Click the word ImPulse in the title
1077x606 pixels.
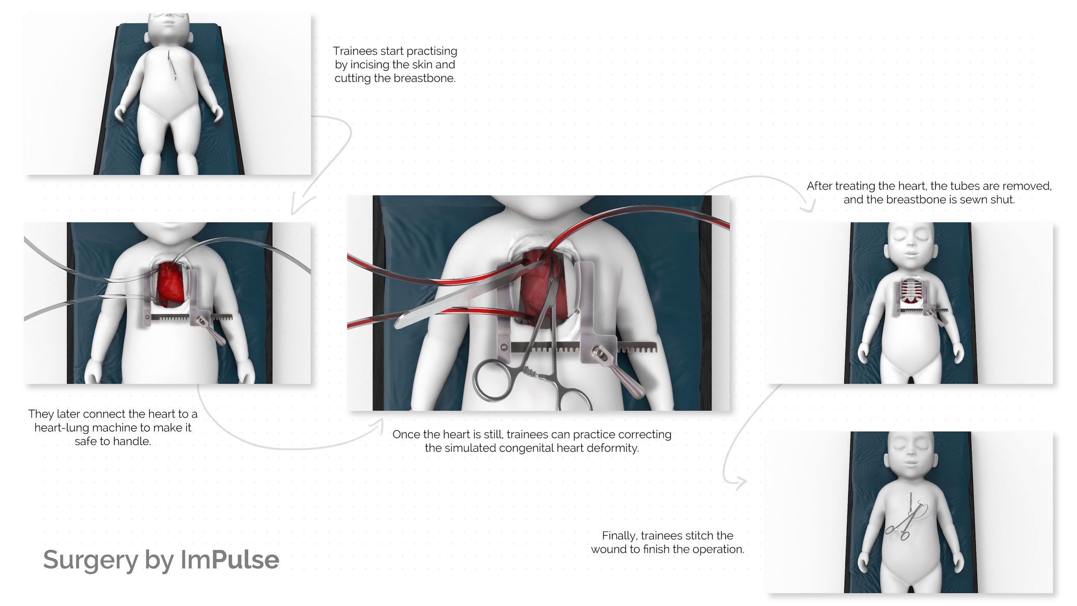pyautogui.click(x=230, y=560)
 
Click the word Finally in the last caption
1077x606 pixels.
pyautogui.click(x=620, y=536)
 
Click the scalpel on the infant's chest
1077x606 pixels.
pyautogui.click(x=172, y=65)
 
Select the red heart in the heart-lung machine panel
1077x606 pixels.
pyautogui.click(x=170, y=283)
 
